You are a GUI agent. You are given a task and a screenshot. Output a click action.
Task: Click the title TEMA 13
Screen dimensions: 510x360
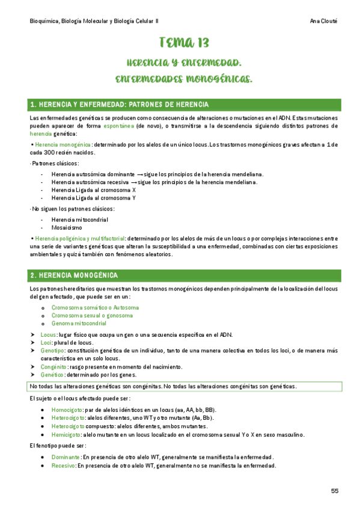[184, 42]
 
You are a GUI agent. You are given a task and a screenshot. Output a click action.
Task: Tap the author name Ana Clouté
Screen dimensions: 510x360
[323, 20]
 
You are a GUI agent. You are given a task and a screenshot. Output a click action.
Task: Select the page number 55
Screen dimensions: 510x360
[335, 491]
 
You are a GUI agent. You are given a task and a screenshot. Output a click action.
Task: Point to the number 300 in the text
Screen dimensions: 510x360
[54, 153]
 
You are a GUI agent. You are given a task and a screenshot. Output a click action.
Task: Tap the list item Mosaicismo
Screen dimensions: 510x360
[67, 228]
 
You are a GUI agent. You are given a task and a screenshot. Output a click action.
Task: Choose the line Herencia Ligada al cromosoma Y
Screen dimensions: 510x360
[93, 197]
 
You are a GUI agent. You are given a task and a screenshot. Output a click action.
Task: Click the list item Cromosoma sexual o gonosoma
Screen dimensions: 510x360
[92, 315]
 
